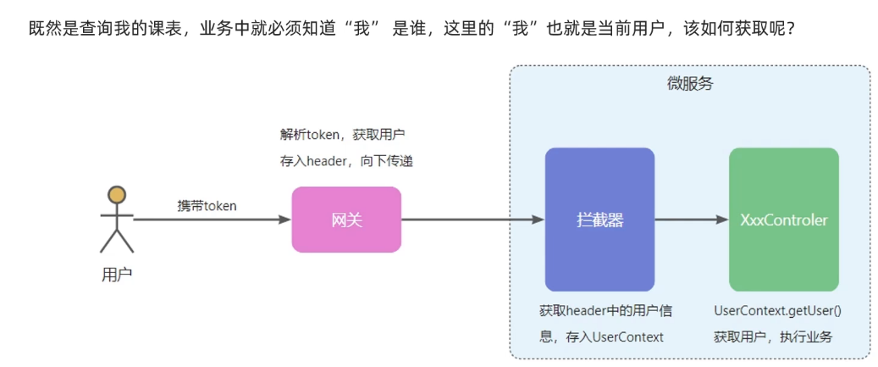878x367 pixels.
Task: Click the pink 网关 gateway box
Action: click(x=346, y=220)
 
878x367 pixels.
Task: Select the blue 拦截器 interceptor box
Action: click(x=599, y=220)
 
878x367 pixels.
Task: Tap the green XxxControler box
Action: click(x=783, y=220)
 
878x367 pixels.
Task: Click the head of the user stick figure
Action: click(x=117, y=195)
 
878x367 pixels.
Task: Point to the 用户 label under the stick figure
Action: click(x=117, y=274)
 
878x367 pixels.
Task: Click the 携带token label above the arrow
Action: click(x=207, y=206)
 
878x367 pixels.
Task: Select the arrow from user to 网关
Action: click(x=212, y=220)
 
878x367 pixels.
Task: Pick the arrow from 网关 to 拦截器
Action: click(x=472, y=220)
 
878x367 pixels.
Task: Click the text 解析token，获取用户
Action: click(x=344, y=134)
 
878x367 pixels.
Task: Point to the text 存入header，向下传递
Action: click(x=346, y=160)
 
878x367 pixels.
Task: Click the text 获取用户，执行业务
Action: click(x=773, y=336)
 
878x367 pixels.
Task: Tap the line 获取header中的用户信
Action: click(x=605, y=311)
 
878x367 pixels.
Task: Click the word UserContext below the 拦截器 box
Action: click(x=628, y=336)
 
